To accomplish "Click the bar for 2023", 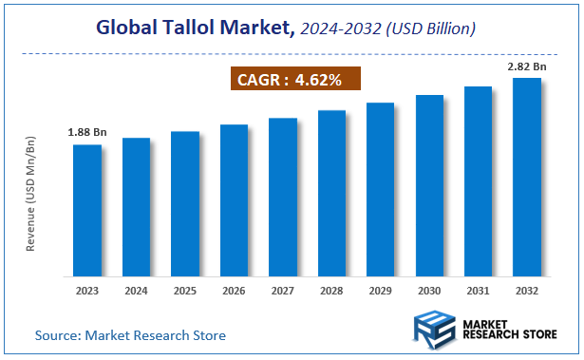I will (x=87, y=210).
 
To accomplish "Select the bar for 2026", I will (x=234, y=200).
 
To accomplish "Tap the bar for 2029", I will (x=380, y=189).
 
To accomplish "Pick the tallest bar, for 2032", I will (x=527, y=177).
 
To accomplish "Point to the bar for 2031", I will (x=478, y=181).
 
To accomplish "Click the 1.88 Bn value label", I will (x=86, y=132).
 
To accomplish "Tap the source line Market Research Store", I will (x=131, y=335).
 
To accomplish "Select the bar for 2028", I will (x=331, y=194).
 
